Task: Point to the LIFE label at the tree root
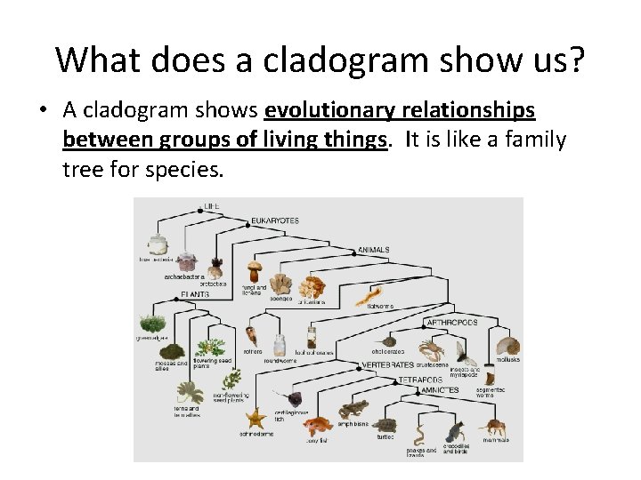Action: (x=211, y=206)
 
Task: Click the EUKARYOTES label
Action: (x=275, y=220)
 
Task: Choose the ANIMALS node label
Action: (x=374, y=250)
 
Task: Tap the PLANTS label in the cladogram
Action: (x=195, y=293)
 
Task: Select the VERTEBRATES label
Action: (x=389, y=364)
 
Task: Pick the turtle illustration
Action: (x=385, y=425)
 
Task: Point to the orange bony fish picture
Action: (x=316, y=425)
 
